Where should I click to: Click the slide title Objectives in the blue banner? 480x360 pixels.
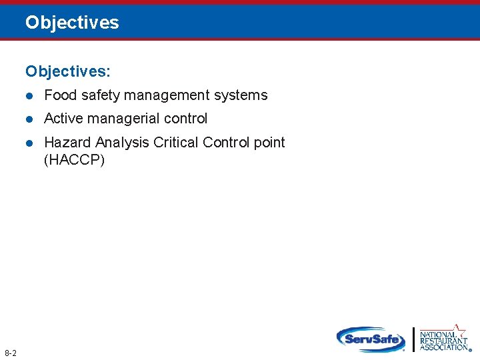[72, 23]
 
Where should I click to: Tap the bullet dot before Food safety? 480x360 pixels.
[29, 96]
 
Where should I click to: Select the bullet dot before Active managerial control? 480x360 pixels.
[29, 119]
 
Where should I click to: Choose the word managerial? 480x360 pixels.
[124, 119]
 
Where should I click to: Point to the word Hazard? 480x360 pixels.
[67, 143]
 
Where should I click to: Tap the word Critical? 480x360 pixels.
[176, 143]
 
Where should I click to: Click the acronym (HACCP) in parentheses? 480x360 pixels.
[74, 160]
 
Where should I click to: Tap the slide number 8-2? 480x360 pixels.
[11, 352]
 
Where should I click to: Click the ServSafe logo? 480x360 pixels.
[371, 339]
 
